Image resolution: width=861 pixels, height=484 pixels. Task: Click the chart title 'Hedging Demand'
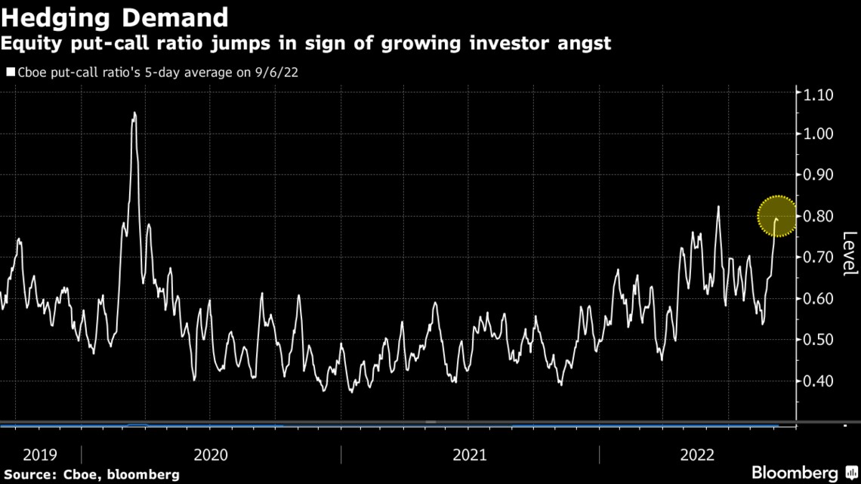[116, 17]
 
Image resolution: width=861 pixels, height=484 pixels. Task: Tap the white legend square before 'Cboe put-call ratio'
[11, 73]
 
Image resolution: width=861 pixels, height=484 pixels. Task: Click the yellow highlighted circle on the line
[777, 217]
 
